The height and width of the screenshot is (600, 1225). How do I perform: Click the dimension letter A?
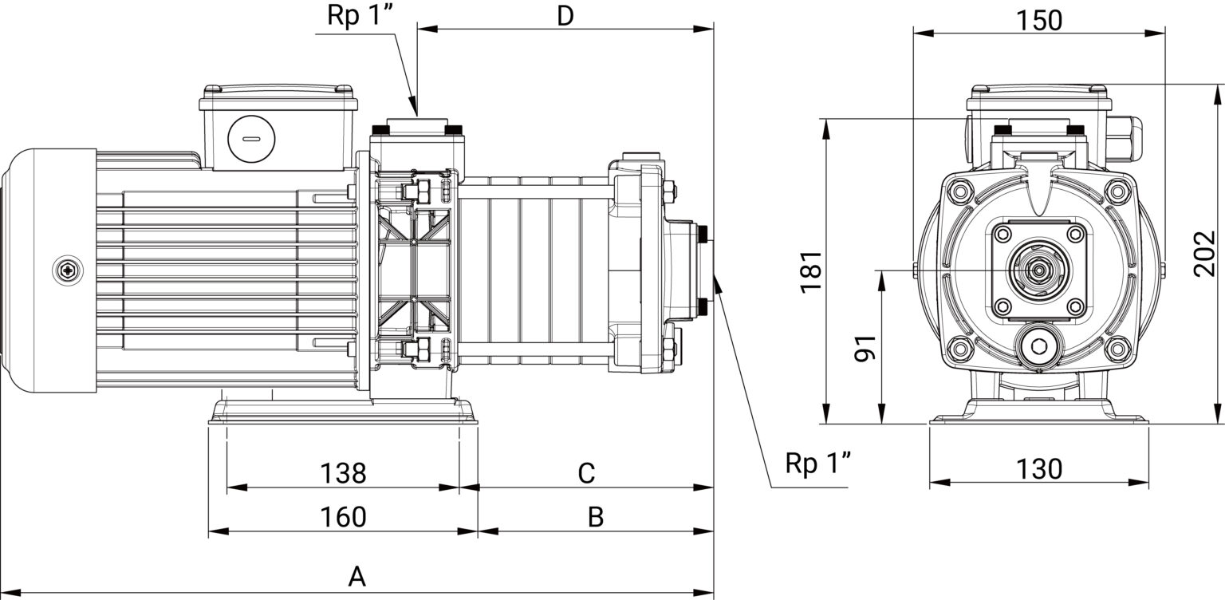click(x=356, y=576)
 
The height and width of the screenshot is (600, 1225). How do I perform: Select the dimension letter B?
click(x=596, y=517)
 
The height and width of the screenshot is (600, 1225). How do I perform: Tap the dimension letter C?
click(x=586, y=473)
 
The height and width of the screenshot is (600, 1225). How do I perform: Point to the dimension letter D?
click(x=565, y=16)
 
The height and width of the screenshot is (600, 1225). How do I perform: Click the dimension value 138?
click(x=343, y=473)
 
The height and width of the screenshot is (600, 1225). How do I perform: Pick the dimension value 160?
click(x=343, y=517)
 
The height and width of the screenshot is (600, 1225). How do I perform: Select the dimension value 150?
click(x=1039, y=21)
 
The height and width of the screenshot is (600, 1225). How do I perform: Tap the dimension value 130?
click(x=1039, y=469)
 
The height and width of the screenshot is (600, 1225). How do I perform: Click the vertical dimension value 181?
click(x=811, y=272)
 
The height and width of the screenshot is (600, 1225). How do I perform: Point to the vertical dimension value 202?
click(x=1205, y=254)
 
